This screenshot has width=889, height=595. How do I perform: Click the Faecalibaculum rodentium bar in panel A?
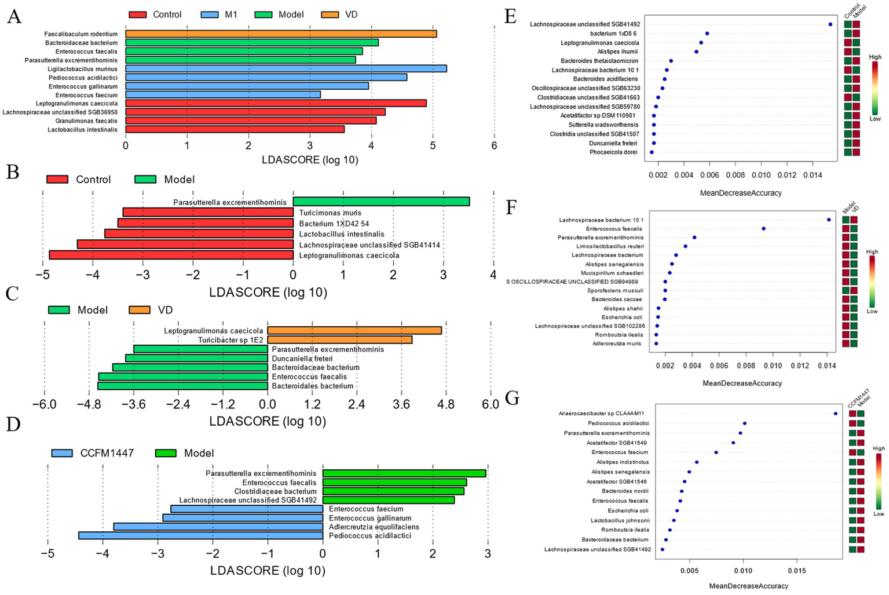(281, 34)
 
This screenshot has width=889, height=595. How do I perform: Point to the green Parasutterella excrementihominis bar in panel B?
(381, 202)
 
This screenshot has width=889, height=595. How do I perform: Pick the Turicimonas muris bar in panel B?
(208, 213)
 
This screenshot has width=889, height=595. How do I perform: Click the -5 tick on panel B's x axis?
(43, 274)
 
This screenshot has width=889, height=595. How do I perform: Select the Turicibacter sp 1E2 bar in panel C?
(339, 340)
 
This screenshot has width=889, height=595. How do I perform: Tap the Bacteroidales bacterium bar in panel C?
(182, 386)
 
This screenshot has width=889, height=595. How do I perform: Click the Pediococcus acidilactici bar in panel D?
(200, 535)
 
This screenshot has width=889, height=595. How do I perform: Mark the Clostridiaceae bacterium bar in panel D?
(393, 491)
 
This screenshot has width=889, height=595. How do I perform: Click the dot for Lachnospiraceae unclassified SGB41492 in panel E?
(830, 24)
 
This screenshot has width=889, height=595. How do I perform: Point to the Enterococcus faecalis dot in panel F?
(763, 229)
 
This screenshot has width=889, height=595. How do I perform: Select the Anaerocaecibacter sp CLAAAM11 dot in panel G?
(835, 414)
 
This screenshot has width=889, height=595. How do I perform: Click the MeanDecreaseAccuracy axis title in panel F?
(742, 383)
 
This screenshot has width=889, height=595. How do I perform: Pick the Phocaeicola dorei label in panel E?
(613, 152)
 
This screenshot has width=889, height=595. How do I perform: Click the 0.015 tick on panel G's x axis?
(797, 571)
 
